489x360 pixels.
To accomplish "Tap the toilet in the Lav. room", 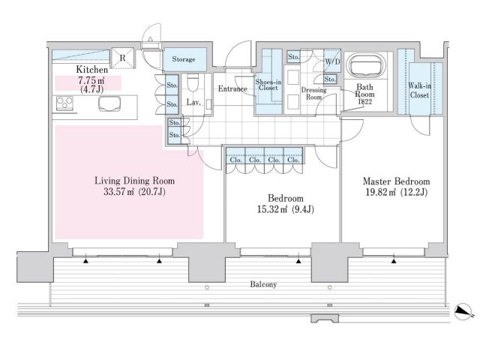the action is (x=193, y=82).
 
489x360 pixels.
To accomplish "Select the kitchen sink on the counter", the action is (x=109, y=103).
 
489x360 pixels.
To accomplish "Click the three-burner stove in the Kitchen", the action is (x=64, y=103).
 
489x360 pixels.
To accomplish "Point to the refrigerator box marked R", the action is (x=122, y=58).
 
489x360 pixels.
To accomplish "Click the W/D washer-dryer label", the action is (x=332, y=61).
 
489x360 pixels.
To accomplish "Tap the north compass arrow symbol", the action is (x=463, y=312).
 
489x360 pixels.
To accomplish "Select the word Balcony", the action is (x=263, y=284).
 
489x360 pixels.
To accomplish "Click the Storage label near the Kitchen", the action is (x=184, y=59).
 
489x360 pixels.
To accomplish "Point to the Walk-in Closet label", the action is (x=419, y=90).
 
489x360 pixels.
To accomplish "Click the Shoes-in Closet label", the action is (x=268, y=85).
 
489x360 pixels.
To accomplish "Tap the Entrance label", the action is (x=232, y=89).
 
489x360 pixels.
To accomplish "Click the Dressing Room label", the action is (x=313, y=94).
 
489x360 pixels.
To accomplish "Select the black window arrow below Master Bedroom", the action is (x=394, y=261).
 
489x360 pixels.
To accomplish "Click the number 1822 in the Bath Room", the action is (x=364, y=101).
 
